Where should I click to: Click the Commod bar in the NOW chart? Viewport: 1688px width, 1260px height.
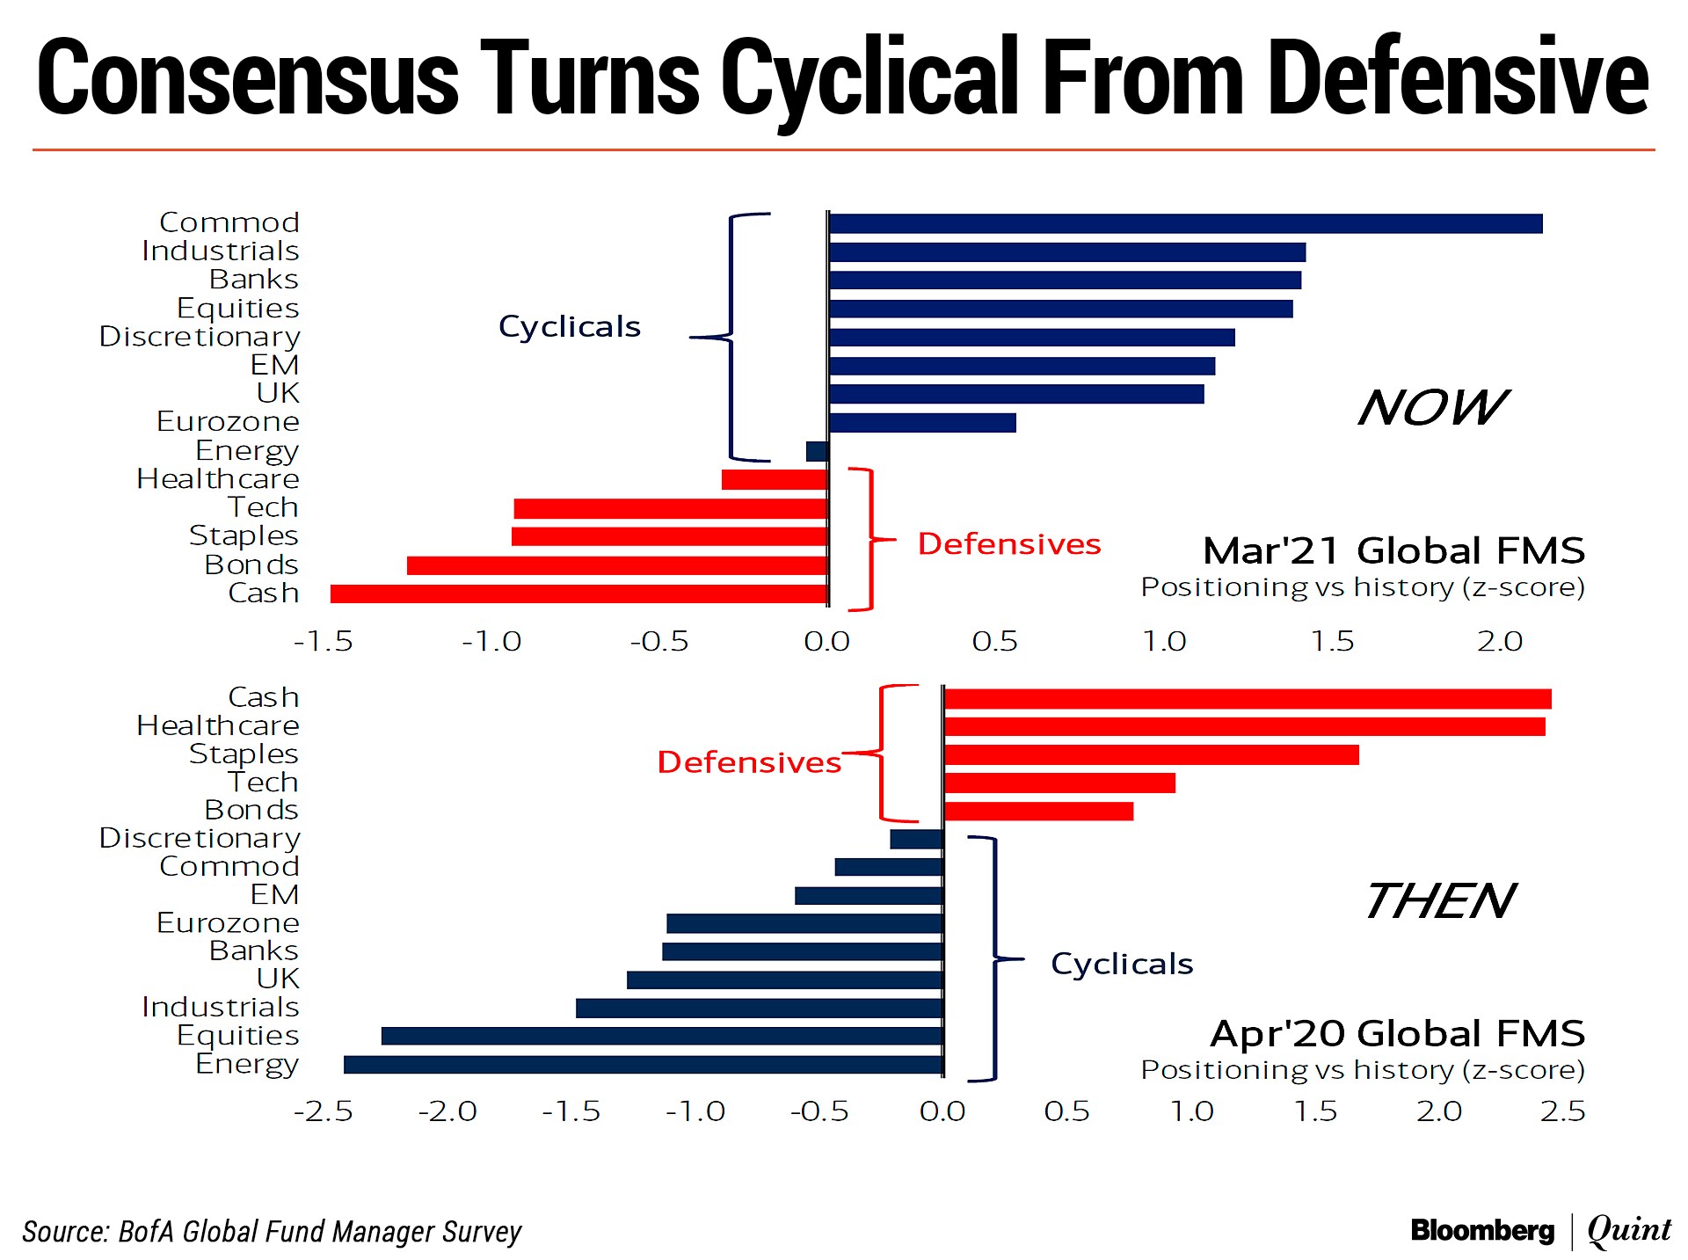tap(1185, 223)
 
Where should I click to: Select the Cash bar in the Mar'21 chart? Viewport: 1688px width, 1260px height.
tap(578, 594)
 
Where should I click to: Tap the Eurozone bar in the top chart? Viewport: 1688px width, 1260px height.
tap(922, 422)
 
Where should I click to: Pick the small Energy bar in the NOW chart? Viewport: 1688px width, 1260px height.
tap(817, 451)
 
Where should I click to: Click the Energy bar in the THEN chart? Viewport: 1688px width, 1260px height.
tap(643, 1065)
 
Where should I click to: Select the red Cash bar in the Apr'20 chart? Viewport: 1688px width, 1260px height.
tap(1247, 699)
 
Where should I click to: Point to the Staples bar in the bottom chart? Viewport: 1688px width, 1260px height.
tap(1151, 754)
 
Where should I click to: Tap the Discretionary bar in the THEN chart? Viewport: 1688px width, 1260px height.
tap(916, 839)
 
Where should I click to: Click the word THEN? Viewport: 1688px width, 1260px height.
tap(1439, 901)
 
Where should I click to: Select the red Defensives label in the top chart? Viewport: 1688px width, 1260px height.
tap(1008, 544)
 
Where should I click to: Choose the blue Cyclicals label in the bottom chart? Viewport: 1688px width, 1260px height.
tap(1122, 964)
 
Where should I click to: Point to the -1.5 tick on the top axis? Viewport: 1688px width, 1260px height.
tap(324, 642)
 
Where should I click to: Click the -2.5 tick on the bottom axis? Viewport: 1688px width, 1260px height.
tap(324, 1111)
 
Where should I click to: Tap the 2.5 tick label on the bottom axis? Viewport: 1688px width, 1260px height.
tap(1562, 1111)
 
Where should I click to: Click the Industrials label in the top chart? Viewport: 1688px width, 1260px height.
tap(221, 251)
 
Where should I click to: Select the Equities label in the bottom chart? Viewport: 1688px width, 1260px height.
tap(238, 1036)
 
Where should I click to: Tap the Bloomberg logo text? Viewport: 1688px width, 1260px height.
tap(1482, 1230)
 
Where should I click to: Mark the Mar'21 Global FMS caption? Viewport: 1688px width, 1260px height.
tap(1393, 551)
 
